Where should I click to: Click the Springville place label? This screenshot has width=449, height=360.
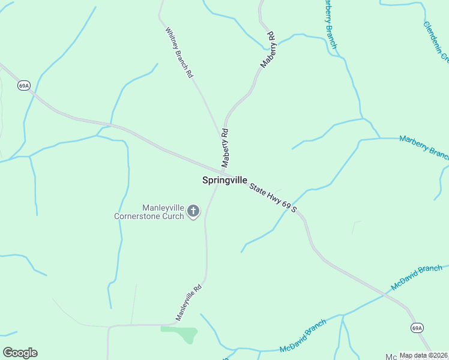(224, 180)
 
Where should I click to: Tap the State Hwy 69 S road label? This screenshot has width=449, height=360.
(274, 197)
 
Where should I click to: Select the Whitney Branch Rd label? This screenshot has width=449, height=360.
(179, 52)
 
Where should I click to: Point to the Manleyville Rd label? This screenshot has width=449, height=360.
(188, 302)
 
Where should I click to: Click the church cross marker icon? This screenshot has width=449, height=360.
(193, 211)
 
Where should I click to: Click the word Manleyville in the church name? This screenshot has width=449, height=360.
(163, 207)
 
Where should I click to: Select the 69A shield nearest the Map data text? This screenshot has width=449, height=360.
(418, 328)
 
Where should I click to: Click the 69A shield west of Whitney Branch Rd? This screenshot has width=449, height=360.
(23, 86)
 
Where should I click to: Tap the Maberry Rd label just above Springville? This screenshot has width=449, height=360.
(225, 148)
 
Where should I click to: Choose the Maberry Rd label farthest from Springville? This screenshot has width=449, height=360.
(267, 49)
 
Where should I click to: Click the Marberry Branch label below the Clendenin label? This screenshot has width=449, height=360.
(424, 146)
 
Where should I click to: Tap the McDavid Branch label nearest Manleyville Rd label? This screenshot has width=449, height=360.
(303, 336)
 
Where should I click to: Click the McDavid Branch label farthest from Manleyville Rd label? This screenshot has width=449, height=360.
(416, 278)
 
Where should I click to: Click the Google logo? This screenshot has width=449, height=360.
(20, 353)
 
